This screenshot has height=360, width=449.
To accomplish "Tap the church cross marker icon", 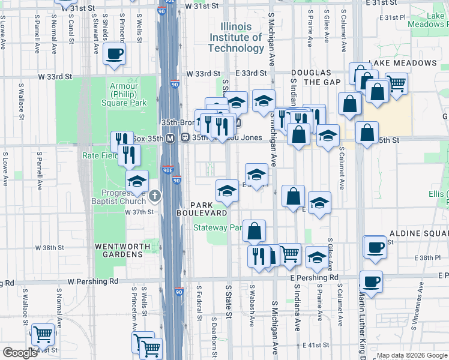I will coord(155,195).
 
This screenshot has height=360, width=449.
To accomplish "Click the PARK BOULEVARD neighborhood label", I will coord(202,209).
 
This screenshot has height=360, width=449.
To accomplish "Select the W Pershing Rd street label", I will coord(90,281).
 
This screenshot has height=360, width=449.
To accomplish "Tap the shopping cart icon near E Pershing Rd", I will coord(290,253).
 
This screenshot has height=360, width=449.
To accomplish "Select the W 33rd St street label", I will coord(55,77).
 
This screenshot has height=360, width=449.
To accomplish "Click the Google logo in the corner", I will coord(19,353).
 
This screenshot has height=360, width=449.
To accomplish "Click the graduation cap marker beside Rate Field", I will coord(137,181).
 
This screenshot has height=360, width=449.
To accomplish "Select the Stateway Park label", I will coord(217,227).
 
